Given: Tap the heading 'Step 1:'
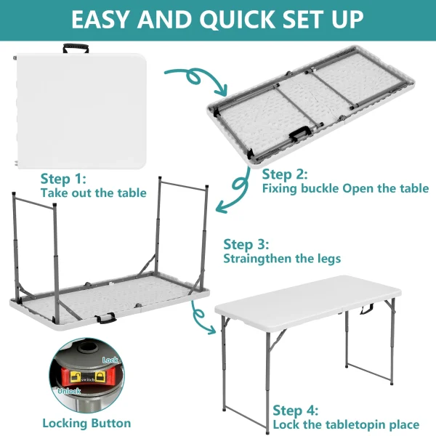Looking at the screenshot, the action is point(63,179).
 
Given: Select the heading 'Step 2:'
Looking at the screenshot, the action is point(285,174).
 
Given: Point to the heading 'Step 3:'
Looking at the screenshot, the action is point(246,244).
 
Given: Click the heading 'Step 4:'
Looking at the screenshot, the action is point(295,411).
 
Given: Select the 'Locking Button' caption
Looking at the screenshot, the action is point(86,424).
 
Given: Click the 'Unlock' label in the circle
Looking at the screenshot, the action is point(69,391).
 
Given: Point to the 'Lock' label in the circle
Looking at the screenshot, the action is point(110,360).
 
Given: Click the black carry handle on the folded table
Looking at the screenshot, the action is point(76,48).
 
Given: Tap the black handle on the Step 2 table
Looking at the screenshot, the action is point(299,134).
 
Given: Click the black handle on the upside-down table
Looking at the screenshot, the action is point(105,318).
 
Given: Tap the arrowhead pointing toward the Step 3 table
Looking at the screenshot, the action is point(222,207).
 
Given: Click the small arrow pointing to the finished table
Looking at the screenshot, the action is point(201,317).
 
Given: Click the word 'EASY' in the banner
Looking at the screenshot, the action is point(101,20).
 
